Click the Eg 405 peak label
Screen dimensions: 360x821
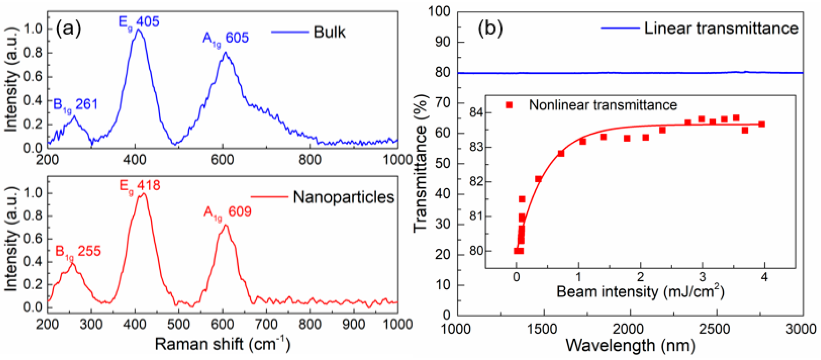pos(139,22)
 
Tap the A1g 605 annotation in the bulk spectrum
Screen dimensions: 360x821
pos(225,38)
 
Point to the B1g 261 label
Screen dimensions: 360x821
pos(75,105)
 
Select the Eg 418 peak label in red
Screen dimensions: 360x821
pos(140,186)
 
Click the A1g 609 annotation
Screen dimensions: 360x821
pos(227,212)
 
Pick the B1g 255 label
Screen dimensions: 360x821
pos(78,252)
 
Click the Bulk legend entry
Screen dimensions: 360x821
pos(329,33)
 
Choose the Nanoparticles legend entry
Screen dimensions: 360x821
pos(343,197)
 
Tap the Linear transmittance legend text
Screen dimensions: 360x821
pos(721,28)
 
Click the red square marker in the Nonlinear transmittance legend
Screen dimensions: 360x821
pos(509,105)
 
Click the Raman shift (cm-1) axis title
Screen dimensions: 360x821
pos(222,344)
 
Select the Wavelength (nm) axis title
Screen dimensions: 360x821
pos(630,346)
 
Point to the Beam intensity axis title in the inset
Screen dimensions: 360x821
pos(640,291)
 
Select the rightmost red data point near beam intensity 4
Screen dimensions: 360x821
pos(762,124)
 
